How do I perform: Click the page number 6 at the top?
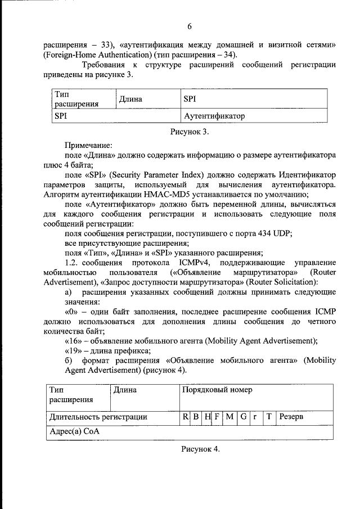tap(190, 26)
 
